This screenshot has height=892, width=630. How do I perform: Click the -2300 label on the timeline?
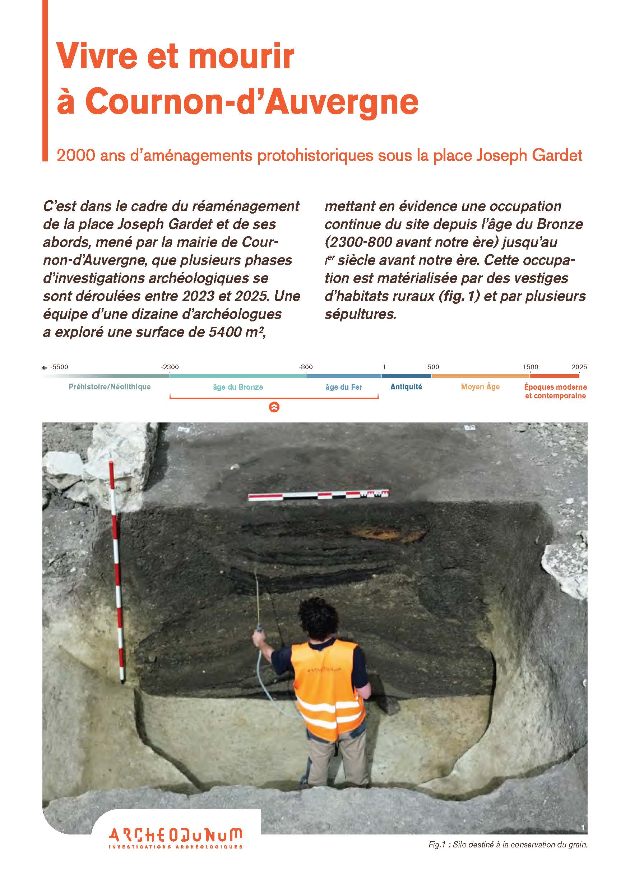170,367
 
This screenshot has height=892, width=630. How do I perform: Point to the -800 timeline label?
306,367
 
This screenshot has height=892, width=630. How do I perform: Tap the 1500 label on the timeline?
530,367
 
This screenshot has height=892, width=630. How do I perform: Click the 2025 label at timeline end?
579,367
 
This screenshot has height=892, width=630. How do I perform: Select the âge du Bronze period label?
238,387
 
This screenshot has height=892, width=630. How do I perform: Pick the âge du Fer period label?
343,387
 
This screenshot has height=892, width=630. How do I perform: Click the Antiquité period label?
406,386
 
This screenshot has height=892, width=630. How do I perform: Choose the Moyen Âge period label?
480,386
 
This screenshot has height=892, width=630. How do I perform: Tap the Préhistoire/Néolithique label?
110,386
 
